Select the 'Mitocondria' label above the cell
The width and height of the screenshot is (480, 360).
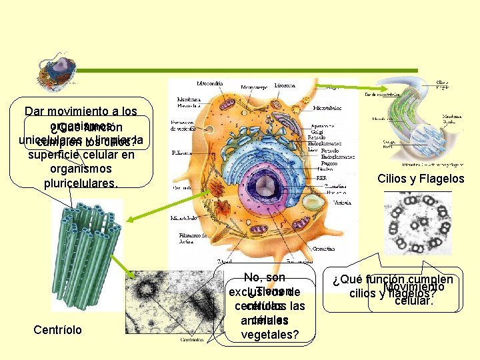(215, 84)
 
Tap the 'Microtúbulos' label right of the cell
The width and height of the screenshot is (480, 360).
(327, 107)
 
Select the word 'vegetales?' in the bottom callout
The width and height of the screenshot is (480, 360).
(269, 333)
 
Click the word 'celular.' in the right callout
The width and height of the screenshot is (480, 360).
(414, 301)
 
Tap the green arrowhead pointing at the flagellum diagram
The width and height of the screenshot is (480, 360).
(379, 87)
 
